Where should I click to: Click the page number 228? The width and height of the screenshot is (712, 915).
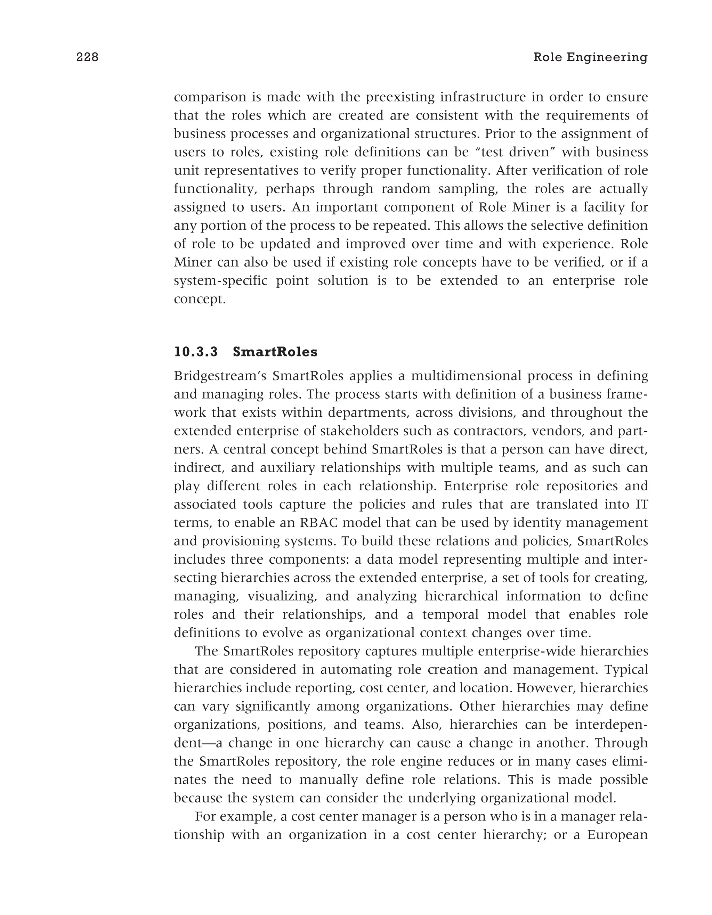87,57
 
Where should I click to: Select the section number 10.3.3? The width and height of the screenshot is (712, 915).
196,352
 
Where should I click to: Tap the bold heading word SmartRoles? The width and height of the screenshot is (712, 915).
275,352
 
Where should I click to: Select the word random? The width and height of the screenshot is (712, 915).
406,189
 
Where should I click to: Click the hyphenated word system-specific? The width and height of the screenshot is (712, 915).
220,281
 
